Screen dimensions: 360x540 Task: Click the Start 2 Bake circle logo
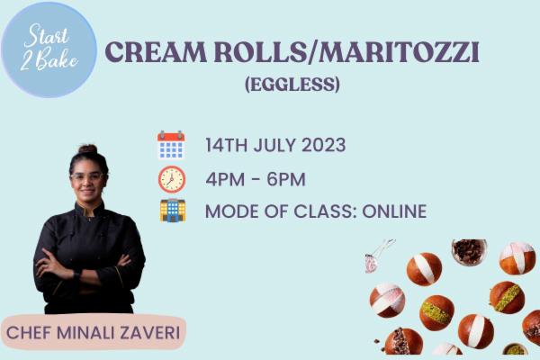tap(49, 49)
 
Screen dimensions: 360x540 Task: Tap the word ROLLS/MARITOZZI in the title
tap(349, 52)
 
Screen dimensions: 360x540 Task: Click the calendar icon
tap(171, 145)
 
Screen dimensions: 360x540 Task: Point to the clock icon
tap(171, 178)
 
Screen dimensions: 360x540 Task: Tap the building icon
tap(172, 211)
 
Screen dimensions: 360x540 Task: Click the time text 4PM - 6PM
tap(256, 178)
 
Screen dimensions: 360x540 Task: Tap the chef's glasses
tap(87, 176)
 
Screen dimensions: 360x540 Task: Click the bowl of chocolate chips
tap(468, 251)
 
